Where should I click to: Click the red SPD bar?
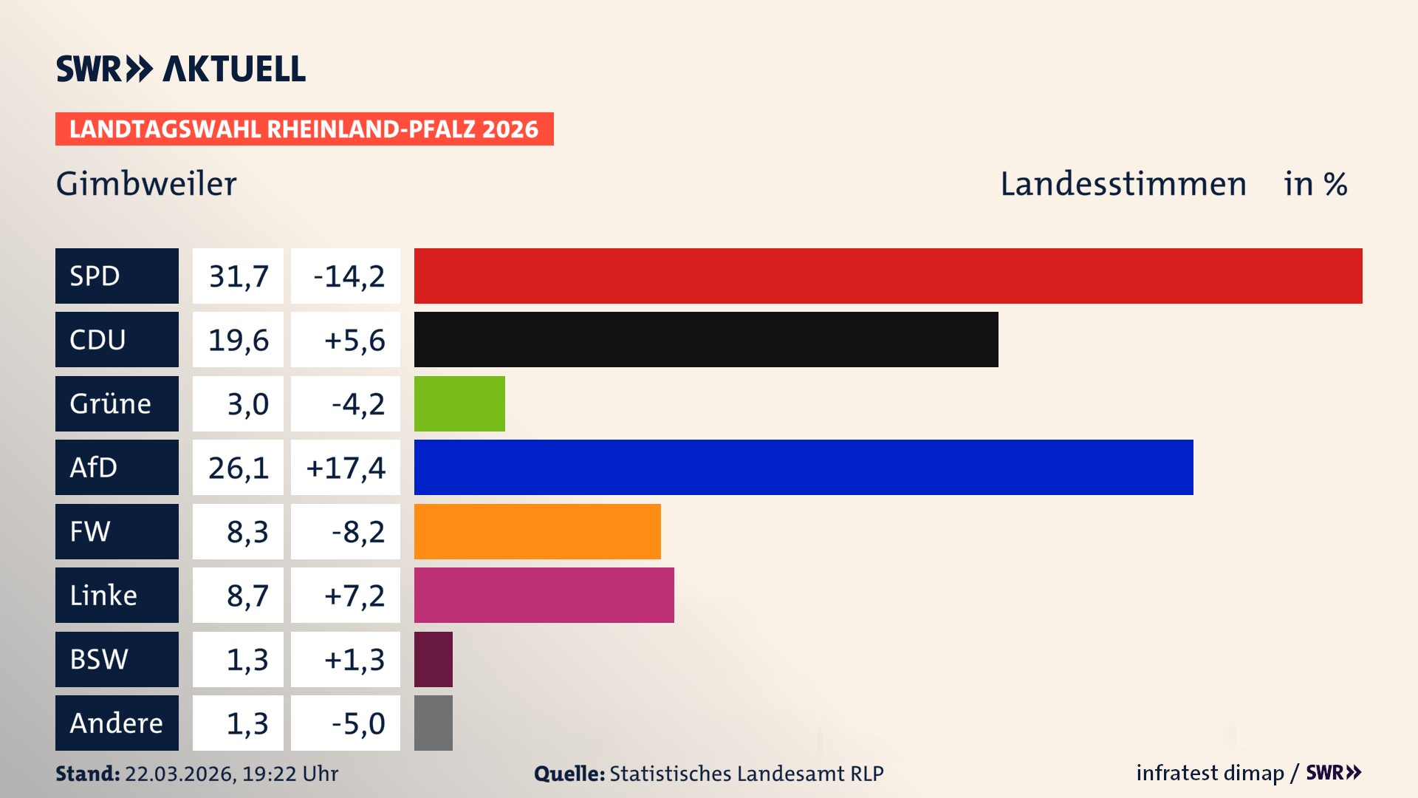click(888, 276)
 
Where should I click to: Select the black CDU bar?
click(705, 339)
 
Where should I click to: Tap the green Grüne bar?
click(459, 403)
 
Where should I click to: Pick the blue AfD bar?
click(803, 467)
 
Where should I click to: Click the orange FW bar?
click(537, 531)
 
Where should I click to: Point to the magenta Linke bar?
click(544, 595)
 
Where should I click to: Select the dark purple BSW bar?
click(434, 659)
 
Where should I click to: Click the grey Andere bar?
click(434, 723)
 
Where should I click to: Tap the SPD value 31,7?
click(238, 276)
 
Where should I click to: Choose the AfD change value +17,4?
click(346, 468)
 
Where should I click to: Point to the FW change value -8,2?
click(358, 532)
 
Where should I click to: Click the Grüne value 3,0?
click(247, 404)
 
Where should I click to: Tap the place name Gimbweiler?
click(146, 184)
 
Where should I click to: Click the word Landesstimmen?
click(1123, 184)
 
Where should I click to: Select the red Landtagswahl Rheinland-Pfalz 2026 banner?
click(304, 129)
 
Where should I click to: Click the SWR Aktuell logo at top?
click(181, 69)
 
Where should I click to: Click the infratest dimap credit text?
click(1210, 773)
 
